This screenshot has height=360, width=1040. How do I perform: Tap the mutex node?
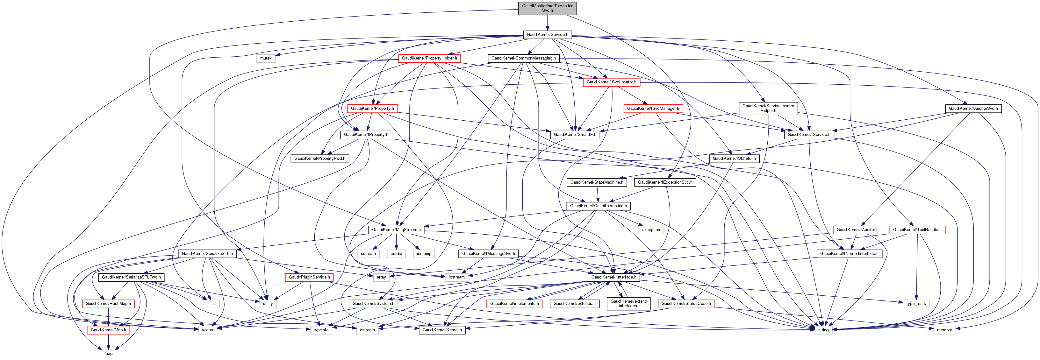tap(266, 58)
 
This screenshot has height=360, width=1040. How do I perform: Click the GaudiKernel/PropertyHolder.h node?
tap(429, 58)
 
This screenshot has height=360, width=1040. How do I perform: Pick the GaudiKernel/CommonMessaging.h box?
tap(523, 58)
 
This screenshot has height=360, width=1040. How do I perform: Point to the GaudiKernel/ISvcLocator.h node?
tap(611, 82)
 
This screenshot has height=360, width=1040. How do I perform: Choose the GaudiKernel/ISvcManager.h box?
tap(653, 108)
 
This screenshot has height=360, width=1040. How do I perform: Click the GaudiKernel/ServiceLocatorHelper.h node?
tap(768, 108)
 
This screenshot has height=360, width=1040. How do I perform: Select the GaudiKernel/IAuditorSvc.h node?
tap(973, 108)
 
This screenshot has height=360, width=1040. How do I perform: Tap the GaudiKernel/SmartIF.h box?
tap(575, 135)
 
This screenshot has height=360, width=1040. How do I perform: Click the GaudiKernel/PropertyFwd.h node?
tap(319, 158)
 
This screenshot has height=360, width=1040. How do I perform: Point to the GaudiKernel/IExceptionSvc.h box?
tap(665, 182)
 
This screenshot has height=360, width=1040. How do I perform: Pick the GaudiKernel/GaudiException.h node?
tap(598, 206)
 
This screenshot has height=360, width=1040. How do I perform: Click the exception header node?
tap(651, 229)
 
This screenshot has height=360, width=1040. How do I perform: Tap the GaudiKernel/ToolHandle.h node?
tap(917, 229)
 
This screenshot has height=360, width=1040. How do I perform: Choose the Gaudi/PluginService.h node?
tap(309, 277)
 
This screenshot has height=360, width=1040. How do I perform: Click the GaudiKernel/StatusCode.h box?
tap(686, 303)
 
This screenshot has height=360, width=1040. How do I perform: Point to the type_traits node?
tap(916, 303)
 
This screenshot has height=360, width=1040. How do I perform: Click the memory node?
tap(944, 330)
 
